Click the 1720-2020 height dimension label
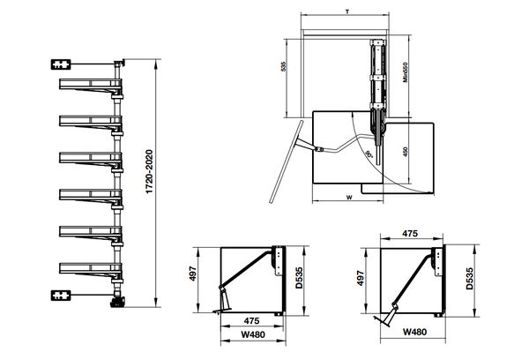point(149,172)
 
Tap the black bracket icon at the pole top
point(61,64)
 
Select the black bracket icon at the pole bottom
point(61,296)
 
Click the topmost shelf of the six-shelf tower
point(91,86)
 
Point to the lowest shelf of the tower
point(91,270)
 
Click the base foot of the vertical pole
point(117,302)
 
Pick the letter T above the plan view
point(347,11)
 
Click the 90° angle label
point(369,154)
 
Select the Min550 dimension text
point(406,72)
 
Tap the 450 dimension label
point(406,152)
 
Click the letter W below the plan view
point(349,198)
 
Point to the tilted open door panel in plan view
point(285,161)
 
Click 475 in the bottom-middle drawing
point(251,320)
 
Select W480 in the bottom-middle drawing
point(253,334)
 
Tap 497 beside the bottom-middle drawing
point(192,274)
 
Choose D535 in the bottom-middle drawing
point(299,278)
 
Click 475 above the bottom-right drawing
point(410,233)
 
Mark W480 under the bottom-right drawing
point(414,332)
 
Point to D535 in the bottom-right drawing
point(469,279)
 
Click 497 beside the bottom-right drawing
point(361,278)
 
